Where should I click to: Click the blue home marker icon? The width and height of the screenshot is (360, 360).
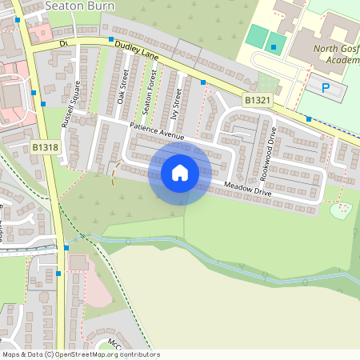(180, 172)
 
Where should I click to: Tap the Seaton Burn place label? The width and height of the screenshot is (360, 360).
(80, 6)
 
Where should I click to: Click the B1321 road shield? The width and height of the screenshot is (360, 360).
(256, 98)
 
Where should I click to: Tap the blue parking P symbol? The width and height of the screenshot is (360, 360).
(325, 87)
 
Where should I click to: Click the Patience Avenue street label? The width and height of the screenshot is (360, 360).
(157, 133)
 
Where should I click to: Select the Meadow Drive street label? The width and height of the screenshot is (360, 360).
(248, 190)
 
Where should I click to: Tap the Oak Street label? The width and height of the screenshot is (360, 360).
(122, 91)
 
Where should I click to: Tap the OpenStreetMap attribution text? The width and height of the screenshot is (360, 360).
(81, 354)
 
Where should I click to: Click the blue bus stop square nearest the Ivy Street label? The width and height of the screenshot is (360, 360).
(203, 82)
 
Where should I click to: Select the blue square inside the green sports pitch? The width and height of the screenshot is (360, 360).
(274, 47)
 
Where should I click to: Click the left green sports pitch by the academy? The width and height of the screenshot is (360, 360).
(255, 37)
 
